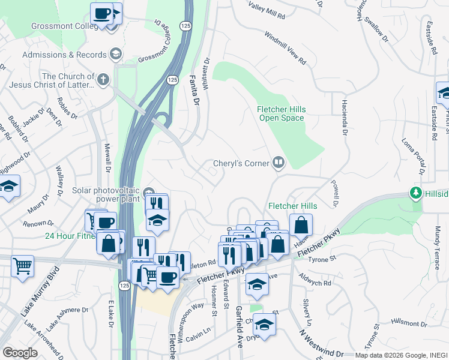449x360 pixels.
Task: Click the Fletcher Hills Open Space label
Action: click(282, 114)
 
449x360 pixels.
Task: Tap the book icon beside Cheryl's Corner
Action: click(279, 163)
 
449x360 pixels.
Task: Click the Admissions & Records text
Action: click(64, 55)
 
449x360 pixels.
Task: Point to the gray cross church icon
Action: click(103, 79)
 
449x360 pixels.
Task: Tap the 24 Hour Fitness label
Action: click(70, 235)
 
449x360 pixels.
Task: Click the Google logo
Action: click(20, 353)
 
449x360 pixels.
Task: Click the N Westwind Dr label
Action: click(322, 344)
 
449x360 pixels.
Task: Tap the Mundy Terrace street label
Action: click(436, 235)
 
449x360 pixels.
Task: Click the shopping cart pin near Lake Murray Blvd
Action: click(22, 265)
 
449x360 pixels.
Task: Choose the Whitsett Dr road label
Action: click(206, 74)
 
